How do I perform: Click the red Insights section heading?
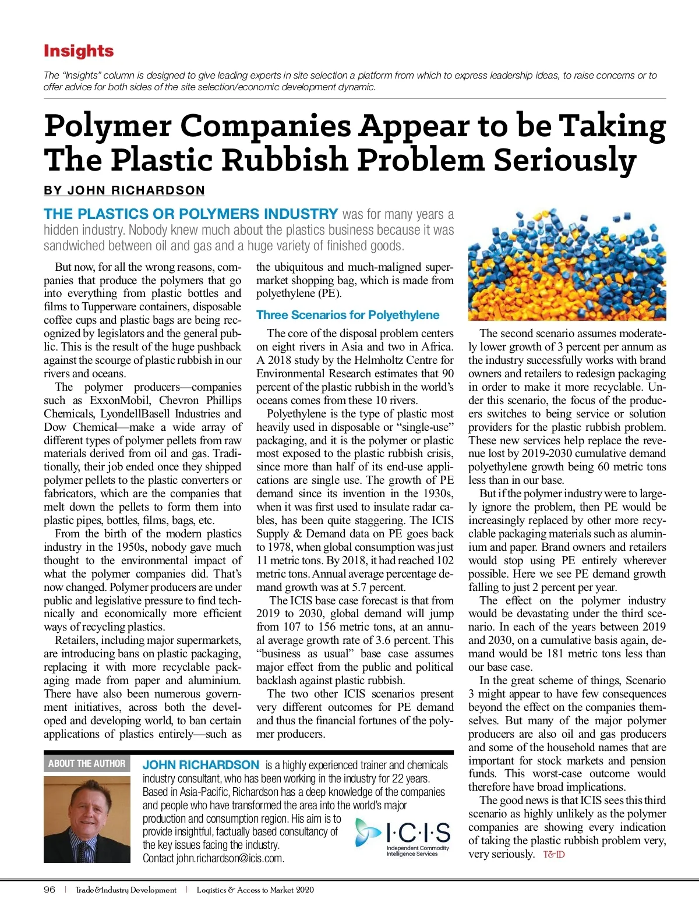(79, 51)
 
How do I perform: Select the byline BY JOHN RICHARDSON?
(124, 190)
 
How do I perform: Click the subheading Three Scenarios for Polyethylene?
(348, 315)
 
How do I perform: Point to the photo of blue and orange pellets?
(567, 265)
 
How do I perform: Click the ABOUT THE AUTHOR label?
(87, 763)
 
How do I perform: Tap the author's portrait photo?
(87, 819)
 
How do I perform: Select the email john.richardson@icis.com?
(230, 858)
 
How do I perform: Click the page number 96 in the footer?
(50, 890)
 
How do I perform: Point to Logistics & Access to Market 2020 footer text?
(255, 890)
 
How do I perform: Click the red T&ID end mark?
(554, 855)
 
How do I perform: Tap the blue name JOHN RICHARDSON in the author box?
(201, 765)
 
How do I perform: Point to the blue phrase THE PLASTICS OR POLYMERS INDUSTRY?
(191, 214)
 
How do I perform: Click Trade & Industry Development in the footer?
(126, 890)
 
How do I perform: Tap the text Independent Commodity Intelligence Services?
(418, 851)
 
